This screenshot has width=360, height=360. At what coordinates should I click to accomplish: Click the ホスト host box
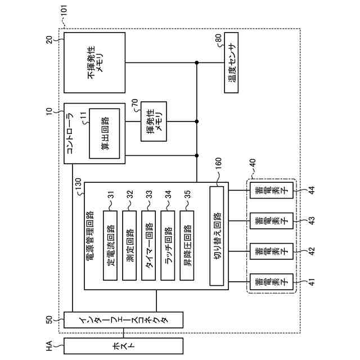pos(123,346)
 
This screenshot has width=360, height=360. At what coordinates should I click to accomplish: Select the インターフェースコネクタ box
pos(123,319)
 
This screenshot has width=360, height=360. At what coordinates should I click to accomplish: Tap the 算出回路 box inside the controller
pos(105,133)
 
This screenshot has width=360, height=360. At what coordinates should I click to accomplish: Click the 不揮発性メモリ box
pos(94,62)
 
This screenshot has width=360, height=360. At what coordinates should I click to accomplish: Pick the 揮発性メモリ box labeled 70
pos(154,121)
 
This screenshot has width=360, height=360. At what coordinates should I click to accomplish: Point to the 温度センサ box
pos(231,62)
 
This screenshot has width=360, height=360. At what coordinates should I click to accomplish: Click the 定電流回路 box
pos(110,245)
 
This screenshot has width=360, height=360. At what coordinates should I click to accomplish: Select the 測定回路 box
pos(129,245)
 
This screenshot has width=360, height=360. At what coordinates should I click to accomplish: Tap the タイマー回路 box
pos(148,245)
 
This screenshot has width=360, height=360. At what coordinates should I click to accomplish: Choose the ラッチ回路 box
pos(168,245)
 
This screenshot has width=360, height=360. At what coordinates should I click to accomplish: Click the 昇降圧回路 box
pos(187,245)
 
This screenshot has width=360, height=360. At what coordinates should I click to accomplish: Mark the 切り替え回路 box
pos(217,236)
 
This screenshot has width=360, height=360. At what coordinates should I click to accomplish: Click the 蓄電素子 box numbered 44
pos(271,190)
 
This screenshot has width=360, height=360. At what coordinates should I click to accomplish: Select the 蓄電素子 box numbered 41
pos(271,282)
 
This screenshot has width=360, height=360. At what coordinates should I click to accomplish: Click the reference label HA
pos(49,346)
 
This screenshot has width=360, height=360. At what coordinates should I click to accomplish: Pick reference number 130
pos(78,184)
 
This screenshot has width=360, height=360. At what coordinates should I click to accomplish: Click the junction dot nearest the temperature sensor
pos(196,62)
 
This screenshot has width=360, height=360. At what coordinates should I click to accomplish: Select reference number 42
pos(312,251)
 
